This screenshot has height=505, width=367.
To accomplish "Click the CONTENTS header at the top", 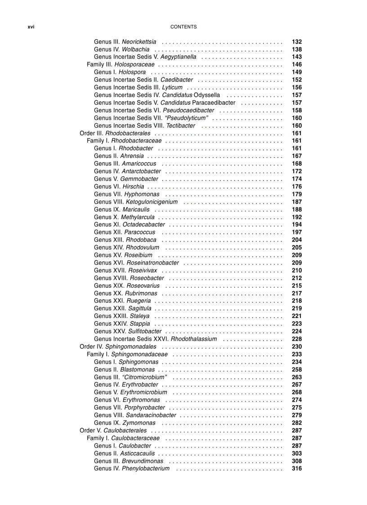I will pos(183,27).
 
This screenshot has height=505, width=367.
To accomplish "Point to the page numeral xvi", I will pos(31,27).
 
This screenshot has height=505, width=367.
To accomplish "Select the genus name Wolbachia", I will pos(136,49).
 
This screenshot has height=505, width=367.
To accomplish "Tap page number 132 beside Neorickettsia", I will pos(297,42).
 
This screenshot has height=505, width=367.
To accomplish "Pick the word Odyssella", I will pos(207,95).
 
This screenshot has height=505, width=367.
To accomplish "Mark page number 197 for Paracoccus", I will pos(297,232).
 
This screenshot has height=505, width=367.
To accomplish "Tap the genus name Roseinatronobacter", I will pos(153,263).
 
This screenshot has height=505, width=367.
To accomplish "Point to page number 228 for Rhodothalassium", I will pos(297,339).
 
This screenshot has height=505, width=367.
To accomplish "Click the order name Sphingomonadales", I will pos(130,347).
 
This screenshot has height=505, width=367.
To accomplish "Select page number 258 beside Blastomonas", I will pos(297,370).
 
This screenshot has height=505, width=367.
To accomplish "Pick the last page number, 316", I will pos(297,469).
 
